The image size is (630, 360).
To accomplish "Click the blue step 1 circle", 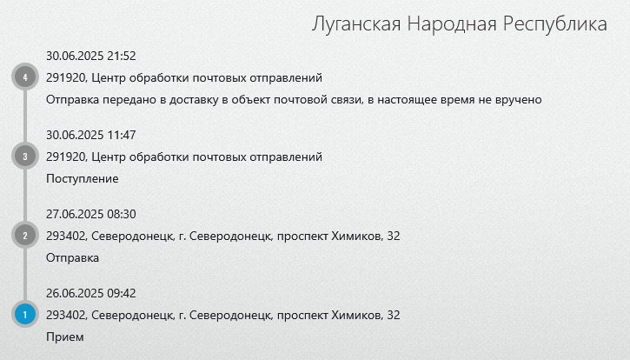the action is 25,314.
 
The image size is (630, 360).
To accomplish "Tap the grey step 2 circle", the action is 25,235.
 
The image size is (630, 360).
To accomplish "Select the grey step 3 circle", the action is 25,156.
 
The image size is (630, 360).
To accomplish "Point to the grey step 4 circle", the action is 25,77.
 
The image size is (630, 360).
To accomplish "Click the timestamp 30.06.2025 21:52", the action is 90,56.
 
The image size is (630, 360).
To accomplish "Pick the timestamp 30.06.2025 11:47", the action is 90,135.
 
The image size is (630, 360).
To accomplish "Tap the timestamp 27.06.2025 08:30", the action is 90,214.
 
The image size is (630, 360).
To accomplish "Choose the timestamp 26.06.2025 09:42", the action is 90,293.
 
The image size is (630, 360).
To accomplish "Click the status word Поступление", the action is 83,179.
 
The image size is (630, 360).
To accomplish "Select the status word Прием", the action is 65,337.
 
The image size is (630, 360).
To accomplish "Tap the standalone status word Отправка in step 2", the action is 72,258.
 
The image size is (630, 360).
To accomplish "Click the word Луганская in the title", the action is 356,24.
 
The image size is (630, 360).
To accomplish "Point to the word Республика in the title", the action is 555,24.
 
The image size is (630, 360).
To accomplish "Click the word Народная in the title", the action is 452,24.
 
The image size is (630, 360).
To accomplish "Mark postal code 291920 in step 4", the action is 66,77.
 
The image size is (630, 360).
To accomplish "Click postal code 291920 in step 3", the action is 66,157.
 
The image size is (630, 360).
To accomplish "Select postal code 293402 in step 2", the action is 66,237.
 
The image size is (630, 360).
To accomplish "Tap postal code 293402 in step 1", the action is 66,315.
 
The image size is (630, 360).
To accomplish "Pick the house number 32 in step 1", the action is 394,315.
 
